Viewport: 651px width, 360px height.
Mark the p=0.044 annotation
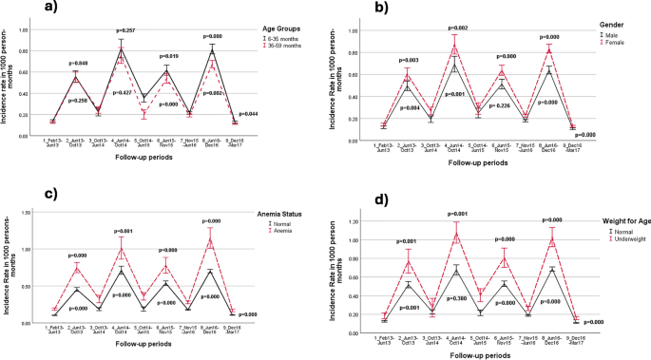[x=245, y=114]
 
